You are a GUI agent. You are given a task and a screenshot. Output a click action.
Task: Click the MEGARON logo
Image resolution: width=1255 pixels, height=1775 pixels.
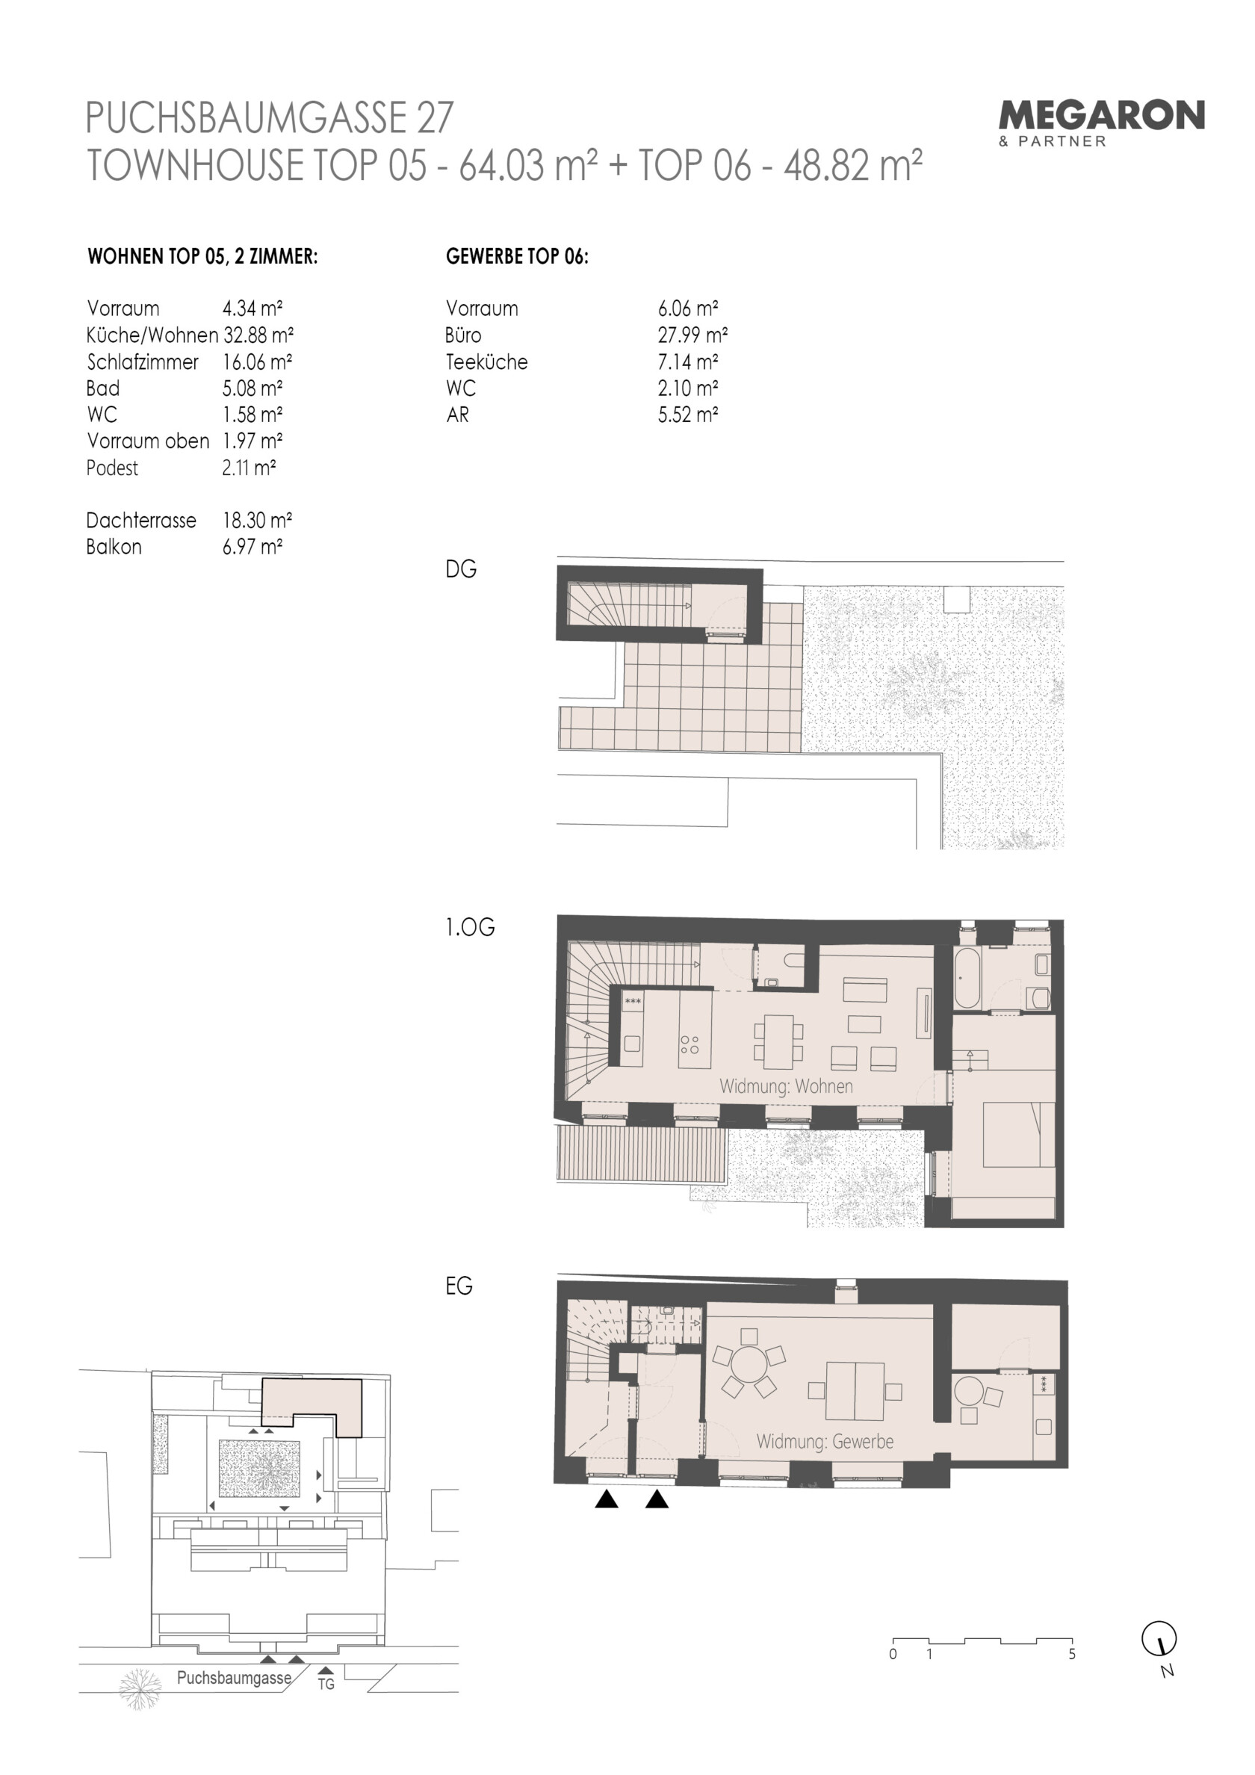pyautogui.click(x=1101, y=123)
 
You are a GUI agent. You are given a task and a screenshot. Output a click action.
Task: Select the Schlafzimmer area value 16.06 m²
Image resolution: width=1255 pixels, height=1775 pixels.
pyautogui.click(x=258, y=362)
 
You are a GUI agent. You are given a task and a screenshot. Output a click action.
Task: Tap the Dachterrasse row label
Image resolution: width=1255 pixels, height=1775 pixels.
pyautogui.click(x=141, y=520)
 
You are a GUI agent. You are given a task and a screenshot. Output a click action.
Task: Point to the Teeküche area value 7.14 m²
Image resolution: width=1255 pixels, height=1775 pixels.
pyautogui.click(x=688, y=362)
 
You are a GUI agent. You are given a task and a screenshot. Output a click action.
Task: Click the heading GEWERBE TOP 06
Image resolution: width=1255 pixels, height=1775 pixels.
pyautogui.click(x=516, y=257)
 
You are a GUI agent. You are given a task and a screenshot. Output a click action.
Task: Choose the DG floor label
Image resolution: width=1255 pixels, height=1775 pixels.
pyautogui.click(x=461, y=569)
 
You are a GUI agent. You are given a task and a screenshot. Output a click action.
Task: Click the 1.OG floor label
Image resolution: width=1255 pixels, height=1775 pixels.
pyautogui.click(x=470, y=927)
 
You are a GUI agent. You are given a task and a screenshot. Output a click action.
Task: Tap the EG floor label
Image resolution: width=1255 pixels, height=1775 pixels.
pyautogui.click(x=459, y=1286)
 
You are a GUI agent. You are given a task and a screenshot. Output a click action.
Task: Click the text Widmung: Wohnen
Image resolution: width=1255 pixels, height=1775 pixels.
pyautogui.click(x=787, y=1086)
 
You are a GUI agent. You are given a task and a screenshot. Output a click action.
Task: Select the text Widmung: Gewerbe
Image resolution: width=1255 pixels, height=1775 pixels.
pyautogui.click(x=825, y=1442)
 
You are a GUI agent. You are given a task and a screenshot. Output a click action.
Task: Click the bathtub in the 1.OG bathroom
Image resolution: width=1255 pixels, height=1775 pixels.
pyautogui.click(x=967, y=978)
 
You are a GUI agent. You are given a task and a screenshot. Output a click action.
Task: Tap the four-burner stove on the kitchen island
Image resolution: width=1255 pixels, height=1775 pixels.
pyautogui.click(x=690, y=1044)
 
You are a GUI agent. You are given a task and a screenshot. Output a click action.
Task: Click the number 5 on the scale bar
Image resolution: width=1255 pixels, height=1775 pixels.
pyautogui.click(x=1072, y=1655)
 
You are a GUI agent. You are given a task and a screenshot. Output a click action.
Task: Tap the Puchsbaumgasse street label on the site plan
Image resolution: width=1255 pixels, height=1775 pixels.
pyautogui.click(x=235, y=1679)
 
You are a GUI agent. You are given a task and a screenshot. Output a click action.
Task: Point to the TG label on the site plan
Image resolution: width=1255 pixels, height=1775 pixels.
pyautogui.click(x=326, y=1684)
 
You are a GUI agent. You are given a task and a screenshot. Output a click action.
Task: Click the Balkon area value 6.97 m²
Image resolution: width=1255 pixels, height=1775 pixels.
pyautogui.click(x=252, y=547)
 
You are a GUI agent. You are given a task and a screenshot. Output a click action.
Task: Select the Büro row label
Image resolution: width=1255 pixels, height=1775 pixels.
pyautogui.click(x=463, y=335)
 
